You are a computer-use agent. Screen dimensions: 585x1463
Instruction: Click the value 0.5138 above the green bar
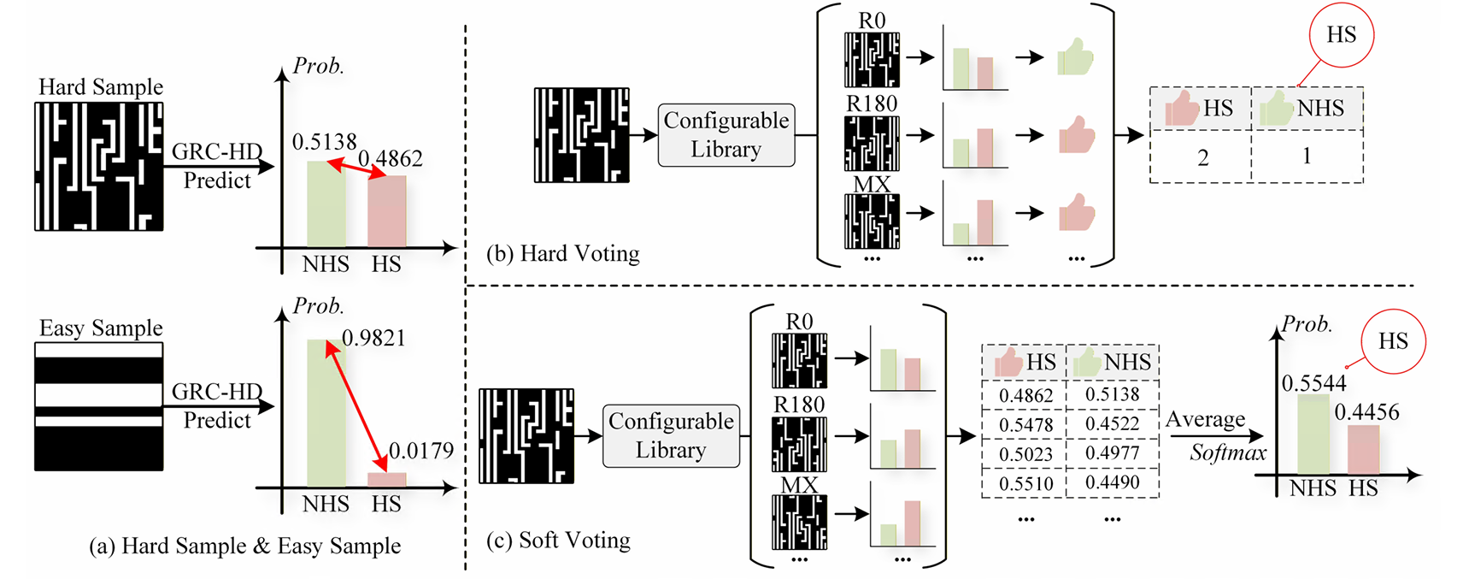point(324,142)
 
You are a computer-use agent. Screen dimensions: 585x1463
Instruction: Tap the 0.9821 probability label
point(373,338)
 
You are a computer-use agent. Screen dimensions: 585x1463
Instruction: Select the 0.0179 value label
point(420,451)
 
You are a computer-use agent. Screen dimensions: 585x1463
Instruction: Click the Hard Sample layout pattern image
point(98,167)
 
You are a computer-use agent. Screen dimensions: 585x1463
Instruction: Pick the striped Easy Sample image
point(98,406)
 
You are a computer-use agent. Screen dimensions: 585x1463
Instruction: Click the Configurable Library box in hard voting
point(726,135)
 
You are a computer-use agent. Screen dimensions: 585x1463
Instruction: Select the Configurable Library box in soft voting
point(671,435)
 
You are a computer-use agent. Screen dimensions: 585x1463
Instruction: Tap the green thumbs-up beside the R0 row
point(1074,58)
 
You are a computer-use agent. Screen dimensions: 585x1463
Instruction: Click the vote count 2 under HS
point(1202,157)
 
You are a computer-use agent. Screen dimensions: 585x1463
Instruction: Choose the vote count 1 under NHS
point(1306,156)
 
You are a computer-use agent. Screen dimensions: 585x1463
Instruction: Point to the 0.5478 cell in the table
point(1025,425)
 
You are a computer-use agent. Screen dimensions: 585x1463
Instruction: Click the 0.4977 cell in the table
point(1112,453)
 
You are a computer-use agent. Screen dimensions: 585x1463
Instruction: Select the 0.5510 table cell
point(1025,483)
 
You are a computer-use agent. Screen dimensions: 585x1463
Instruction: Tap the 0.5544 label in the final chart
point(1313,383)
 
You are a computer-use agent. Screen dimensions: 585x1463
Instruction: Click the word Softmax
point(1228,452)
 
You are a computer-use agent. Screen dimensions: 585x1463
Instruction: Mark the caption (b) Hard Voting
point(562,254)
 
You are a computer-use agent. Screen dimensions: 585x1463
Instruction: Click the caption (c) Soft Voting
point(558,541)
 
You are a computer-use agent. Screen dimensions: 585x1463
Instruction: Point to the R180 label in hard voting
point(871,104)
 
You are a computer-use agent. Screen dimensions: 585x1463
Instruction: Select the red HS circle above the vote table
point(1341,35)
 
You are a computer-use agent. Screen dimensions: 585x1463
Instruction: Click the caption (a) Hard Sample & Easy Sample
point(244,547)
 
